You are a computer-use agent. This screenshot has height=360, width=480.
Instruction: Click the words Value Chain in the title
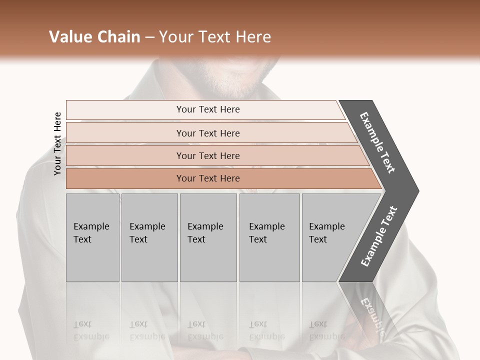(x=94, y=37)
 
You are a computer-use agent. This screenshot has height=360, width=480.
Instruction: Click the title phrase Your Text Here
(x=215, y=37)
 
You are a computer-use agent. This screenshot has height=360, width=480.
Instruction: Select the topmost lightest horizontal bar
(x=207, y=109)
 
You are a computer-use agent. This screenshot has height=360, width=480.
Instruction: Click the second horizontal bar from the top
(x=207, y=133)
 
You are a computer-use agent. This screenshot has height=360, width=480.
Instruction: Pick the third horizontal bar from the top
(x=207, y=155)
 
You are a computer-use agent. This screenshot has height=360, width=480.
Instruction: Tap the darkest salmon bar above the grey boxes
(x=207, y=178)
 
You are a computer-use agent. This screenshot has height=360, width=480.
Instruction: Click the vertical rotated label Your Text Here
(x=57, y=143)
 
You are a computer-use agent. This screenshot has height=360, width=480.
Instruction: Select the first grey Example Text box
(x=92, y=237)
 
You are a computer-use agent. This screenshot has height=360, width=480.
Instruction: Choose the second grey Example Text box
(x=149, y=237)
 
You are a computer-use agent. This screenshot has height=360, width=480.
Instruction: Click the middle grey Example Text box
(x=208, y=237)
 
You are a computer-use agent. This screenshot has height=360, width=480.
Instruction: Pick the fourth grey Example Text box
(x=269, y=237)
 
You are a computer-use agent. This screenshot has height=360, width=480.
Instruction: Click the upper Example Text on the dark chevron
(x=377, y=142)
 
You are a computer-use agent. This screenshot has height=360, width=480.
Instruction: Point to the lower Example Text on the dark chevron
(x=379, y=236)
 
